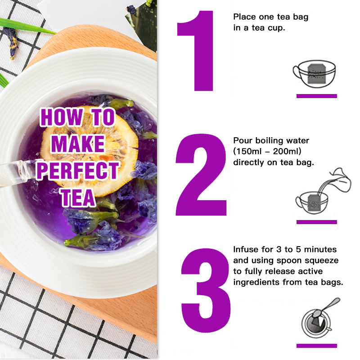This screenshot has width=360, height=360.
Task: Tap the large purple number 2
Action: [x=201, y=175]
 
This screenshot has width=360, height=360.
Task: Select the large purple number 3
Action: [x=206, y=290]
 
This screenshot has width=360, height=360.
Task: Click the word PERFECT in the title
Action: [x=77, y=171]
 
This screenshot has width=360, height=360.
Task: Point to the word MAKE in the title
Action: [x=78, y=144]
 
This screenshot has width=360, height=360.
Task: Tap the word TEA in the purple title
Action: [x=78, y=198]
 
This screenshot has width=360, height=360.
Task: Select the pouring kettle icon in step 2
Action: [x=339, y=180]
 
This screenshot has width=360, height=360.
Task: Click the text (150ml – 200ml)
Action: [x=267, y=151]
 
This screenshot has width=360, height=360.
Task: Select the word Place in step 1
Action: [x=244, y=17]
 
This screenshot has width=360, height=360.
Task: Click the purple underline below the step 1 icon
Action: [x=317, y=96]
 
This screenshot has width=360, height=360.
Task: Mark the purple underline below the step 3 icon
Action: [x=317, y=346]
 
